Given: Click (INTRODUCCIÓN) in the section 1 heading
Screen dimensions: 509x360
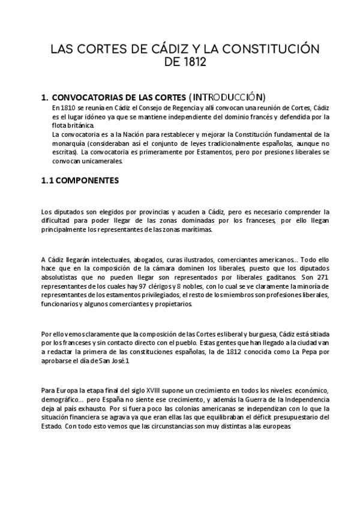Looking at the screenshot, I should click(227, 96).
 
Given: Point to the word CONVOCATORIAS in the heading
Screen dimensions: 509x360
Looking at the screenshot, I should click(89, 97).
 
